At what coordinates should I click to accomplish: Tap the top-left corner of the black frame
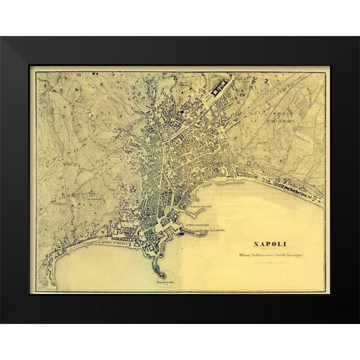pos(2,38)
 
